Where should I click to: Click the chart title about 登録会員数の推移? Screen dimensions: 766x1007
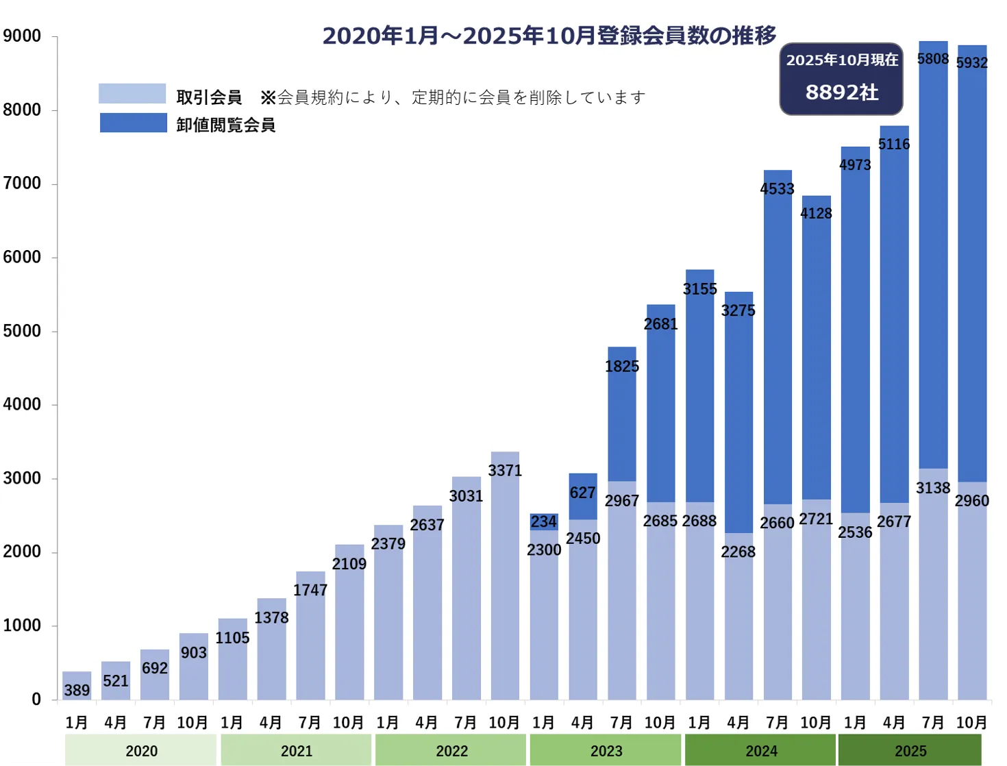coord(549,36)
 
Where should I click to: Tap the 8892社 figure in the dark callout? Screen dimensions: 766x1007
coord(841,92)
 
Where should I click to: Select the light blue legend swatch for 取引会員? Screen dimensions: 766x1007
coord(132,94)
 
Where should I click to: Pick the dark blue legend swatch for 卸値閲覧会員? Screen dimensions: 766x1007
coord(134,123)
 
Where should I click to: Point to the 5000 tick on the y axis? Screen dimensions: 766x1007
coord(22,331)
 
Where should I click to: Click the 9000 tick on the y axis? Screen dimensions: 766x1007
coord(22,36)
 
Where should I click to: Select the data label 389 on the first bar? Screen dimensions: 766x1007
coord(77,690)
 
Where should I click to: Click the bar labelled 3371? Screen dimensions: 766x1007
coord(505,582)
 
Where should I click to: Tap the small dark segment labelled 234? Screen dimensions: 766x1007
coord(544,522)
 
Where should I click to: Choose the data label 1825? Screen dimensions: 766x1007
coord(622,367)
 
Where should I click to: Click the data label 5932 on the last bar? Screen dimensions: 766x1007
coord(972,63)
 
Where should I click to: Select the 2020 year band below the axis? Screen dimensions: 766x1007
coord(141,751)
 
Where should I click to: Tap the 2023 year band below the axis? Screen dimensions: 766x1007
coord(606,751)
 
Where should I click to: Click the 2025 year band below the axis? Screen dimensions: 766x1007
coord(910,751)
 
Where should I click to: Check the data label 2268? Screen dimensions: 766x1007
coord(738,552)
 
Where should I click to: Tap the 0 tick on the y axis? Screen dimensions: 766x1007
coord(36,700)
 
